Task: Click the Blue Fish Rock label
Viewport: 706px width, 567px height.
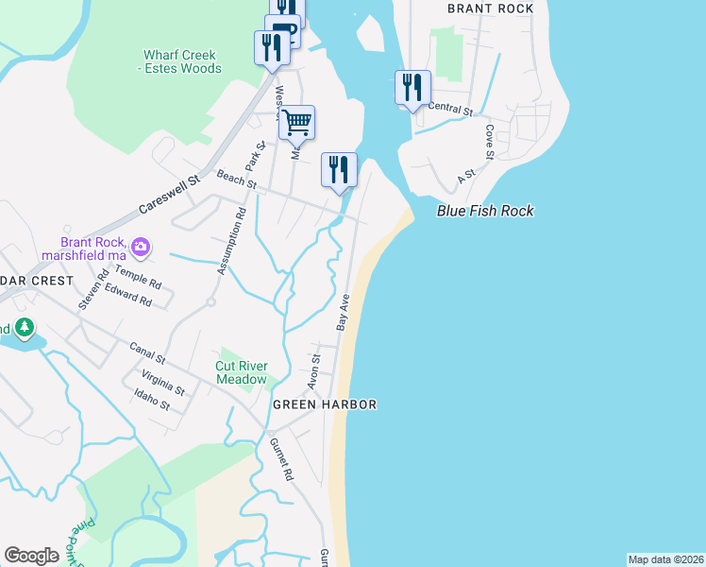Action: click(x=485, y=211)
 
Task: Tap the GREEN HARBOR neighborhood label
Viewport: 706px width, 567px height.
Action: click(x=325, y=404)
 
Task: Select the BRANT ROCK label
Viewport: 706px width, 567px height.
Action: click(x=490, y=9)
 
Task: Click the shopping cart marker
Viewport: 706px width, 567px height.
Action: click(x=296, y=122)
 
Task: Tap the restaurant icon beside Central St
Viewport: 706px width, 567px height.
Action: click(x=412, y=88)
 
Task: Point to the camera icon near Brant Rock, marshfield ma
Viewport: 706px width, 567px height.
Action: click(x=141, y=248)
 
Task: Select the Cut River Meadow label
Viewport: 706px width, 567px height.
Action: click(x=242, y=372)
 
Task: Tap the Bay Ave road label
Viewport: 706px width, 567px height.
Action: click(x=345, y=312)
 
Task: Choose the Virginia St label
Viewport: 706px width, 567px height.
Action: click(x=162, y=383)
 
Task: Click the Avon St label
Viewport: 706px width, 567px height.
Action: click(x=314, y=371)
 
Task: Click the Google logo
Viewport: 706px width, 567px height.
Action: click(x=31, y=555)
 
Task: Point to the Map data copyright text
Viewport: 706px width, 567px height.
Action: click(x=664, y=558)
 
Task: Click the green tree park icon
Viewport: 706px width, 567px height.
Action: click(x=24, y=329)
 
